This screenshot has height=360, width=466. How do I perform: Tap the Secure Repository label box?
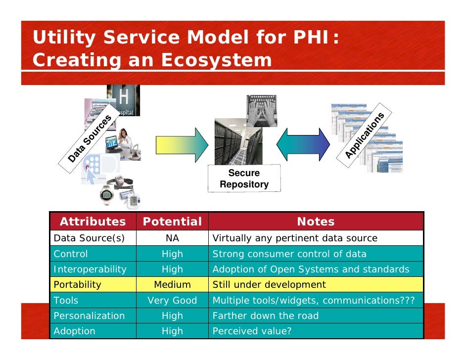(x=244, y=179)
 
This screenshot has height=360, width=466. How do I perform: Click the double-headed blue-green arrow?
(x=302, y=144)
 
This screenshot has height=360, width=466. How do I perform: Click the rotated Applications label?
(x=365, y=136)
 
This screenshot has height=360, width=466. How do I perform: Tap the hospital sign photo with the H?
(x=123, y=100)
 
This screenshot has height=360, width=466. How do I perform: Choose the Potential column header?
(x=172, y=222)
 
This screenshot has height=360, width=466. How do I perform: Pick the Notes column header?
(x=316, y=222)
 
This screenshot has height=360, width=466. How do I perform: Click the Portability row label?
(x=77, y=284)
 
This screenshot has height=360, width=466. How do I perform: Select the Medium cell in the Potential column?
(x=172, y=284)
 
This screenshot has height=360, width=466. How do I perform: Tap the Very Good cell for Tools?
(x=172, y=300)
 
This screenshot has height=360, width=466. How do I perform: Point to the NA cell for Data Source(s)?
(x=172, y=238)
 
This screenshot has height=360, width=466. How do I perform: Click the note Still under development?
(x=269, y=284)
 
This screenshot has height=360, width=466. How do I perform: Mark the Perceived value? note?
(x=252, y=331)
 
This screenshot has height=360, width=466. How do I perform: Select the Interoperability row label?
(x=90, y=269)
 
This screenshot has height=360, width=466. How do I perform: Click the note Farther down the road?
(x=265, y=315)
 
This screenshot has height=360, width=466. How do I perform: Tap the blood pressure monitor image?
(x=134, y=201)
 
